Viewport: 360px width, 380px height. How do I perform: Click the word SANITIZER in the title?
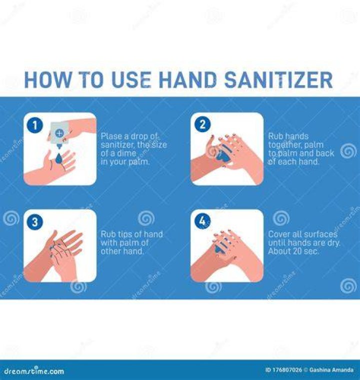278,80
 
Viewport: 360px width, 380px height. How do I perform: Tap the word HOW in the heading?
48,80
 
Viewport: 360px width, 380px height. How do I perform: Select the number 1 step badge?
34,125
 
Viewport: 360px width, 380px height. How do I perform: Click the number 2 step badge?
202,124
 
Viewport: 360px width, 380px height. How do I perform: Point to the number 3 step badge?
34,222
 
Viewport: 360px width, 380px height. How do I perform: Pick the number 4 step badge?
202,221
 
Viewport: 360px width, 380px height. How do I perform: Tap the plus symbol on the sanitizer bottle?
59,133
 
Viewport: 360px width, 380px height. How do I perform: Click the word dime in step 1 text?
127,153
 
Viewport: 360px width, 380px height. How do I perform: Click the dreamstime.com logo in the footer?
34,371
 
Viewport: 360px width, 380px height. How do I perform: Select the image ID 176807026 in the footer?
283,370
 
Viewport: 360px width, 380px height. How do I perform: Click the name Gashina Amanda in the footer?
331,370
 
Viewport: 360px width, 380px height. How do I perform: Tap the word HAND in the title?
188,80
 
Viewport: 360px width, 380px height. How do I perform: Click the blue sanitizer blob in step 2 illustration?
223,156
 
